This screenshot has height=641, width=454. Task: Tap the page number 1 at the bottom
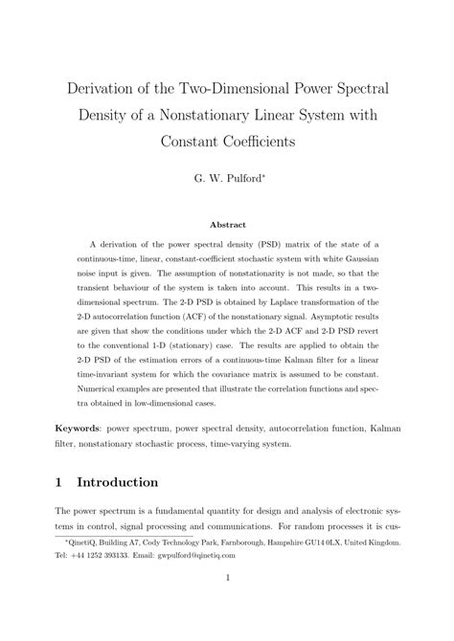(x=226, y=605)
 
